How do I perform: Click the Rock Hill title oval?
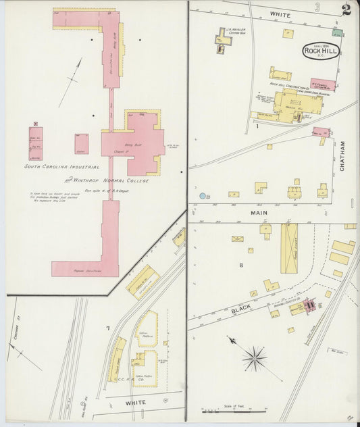pyautogui.click(x=317, y=52)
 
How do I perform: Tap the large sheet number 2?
pyautogui.click(x=346, y=9)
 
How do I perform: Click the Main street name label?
pyautogui.click(x=260, y=213)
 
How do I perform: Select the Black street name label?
pyautogui.click(x=241, y=309)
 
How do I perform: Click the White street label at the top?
pyautogui.click(x=280, y=15)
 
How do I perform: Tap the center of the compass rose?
pyautogui.click(x=255, y=358)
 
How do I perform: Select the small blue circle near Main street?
pyautogui.click(x=202, y=196)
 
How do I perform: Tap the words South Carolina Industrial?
pyautogui.click(x=62, y=166)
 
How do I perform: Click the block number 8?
pyautogui.click(x=240, y=265)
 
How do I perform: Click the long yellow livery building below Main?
pyautogui.click(x=289, y=248)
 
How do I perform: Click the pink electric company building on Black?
pyautogui.click(x=309, y=305)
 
